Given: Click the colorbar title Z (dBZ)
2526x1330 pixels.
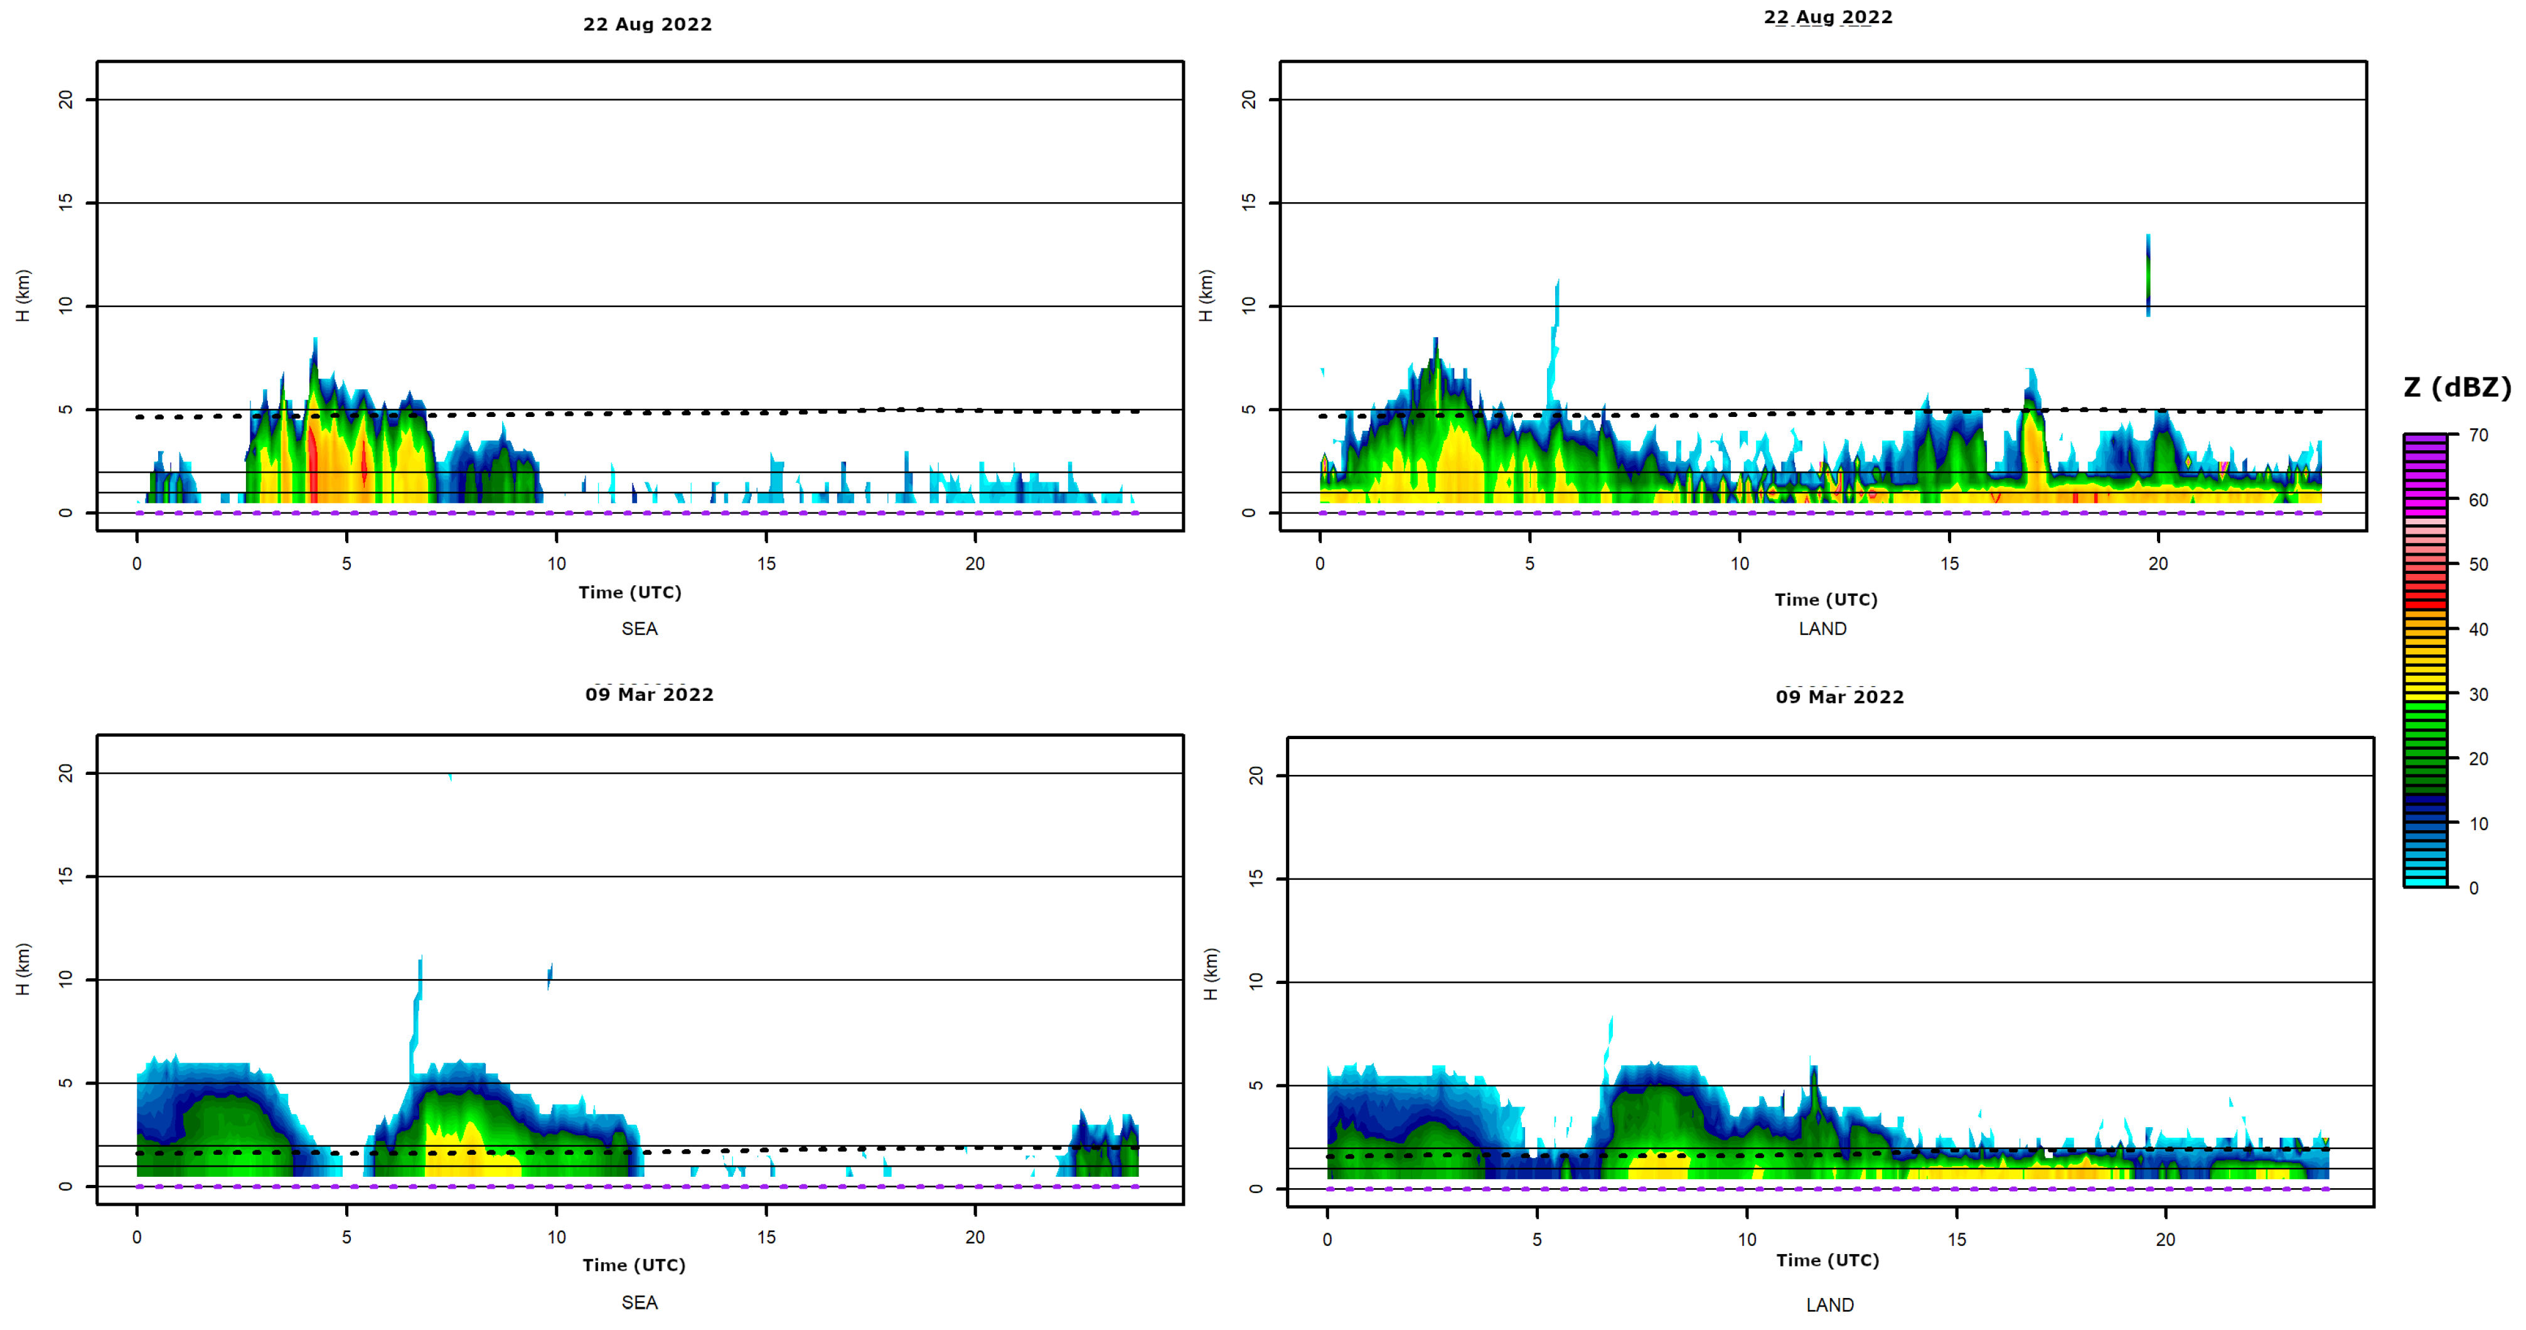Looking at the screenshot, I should [x=2456, y=387].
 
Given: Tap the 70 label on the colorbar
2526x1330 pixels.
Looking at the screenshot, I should [x=2478, y=436].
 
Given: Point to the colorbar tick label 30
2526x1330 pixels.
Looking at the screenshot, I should [x=2478, y=695].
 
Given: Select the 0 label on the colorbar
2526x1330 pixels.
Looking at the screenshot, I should [x=2473, y=888].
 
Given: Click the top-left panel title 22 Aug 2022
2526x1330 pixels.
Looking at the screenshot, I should [x=647, y=24].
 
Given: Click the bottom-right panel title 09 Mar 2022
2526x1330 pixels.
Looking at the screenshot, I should [x=1839, y=698].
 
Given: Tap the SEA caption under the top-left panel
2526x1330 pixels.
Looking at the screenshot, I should [x=640, y=629].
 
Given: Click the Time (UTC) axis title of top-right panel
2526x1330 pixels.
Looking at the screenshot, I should [x=1825, y=599].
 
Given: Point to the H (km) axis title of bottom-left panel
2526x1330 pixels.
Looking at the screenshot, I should [x=24, y=969].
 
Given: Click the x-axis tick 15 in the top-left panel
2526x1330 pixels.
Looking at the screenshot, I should [x=766, y=564].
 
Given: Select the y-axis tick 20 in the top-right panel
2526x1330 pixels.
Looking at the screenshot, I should [x=1248, y=100].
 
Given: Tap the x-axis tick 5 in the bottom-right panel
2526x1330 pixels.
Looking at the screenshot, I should [x=1536, y=1240].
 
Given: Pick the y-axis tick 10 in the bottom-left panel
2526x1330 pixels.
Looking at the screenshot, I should [x=66, y=979].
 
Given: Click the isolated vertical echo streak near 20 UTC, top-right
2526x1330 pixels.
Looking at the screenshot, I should [x=2148, y=274].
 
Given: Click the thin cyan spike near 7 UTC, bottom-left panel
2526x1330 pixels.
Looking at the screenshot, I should [x=418, y=1010].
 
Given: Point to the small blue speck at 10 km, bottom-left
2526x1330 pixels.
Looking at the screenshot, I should [x=550, y=974].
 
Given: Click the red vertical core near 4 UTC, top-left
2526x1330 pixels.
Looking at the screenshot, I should [x=313, y=461].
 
